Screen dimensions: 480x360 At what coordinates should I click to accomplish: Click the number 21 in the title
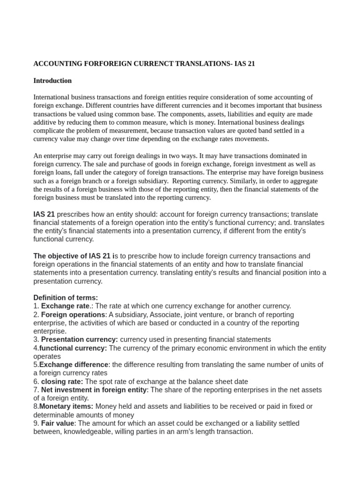[x=251, y=64]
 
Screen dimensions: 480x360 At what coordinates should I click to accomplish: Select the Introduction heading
[x=52, y=81]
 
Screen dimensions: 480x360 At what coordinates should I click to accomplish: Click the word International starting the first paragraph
[x=52, y=97]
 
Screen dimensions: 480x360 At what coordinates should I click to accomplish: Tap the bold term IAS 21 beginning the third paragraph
[x=44, y=214]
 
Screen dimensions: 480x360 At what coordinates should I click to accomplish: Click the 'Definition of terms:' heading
[x=66, y=298]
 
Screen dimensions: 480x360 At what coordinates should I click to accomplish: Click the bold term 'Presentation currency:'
[x=79, y=339]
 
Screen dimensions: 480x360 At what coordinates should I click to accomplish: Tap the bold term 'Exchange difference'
[x=74, y=365]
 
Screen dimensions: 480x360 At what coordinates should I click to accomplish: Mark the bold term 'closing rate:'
[x=62, y=382]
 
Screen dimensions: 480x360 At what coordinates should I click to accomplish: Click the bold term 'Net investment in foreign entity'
[x=94, y=390]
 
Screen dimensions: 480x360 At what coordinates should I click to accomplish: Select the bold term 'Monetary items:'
[x=66, y=406]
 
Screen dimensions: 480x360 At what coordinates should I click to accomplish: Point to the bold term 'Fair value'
[x=58, y=423]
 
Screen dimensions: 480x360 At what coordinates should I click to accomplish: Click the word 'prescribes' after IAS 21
[x=73, y=214]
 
